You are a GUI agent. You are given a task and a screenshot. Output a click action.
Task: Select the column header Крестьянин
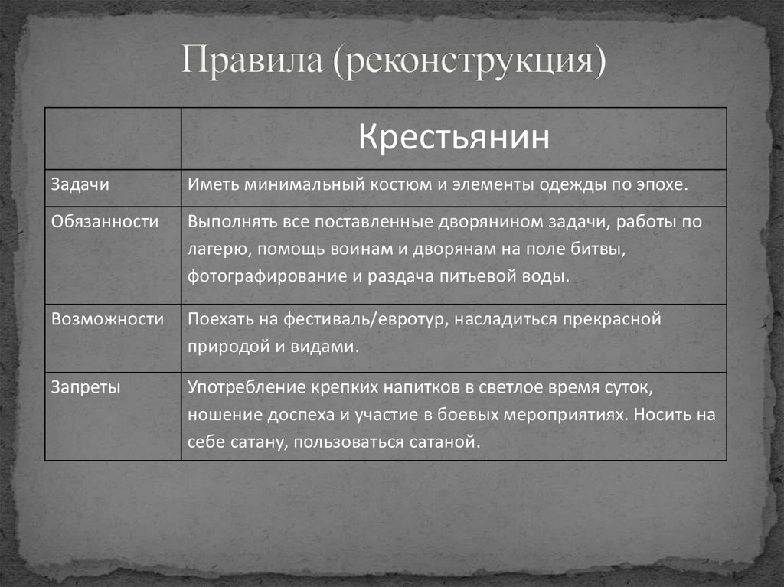[454, 138]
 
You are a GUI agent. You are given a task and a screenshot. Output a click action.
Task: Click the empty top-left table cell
[113, 138]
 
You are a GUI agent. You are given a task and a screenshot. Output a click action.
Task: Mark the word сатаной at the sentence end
[449, 442]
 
